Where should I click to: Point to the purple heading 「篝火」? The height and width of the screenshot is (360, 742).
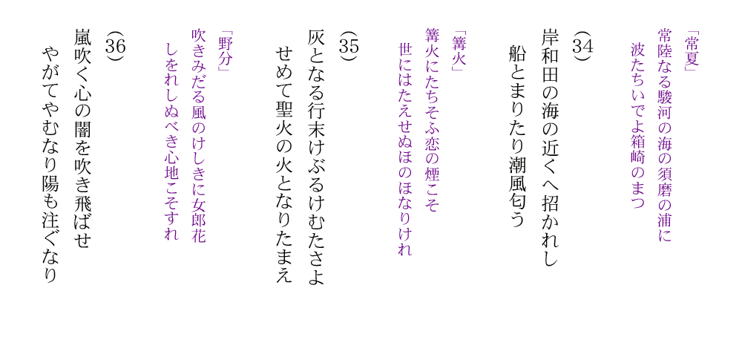[x=459, y=51]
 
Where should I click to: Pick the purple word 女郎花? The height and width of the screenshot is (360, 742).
[x=199, y=223]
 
